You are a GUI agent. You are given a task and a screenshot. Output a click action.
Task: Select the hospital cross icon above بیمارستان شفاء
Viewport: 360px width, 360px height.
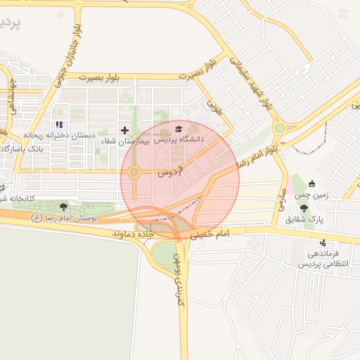pyautogui.click(x=125, y=130)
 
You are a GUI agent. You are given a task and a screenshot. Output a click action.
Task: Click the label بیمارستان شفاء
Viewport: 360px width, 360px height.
pyautogui.click(x=125, y=141)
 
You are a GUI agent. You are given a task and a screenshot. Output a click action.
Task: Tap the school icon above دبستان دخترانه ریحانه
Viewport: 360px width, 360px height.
pyautogui.click(x=60, y=124)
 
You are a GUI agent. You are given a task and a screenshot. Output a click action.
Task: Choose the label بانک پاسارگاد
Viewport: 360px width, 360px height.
pyautogui.click(x=24, y=149)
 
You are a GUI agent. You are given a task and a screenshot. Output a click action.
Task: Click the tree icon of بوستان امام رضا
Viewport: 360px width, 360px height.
pyautogui.click(x=64, y=207)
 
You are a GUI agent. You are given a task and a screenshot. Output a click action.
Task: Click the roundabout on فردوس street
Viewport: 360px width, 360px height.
pyautogui.click(x=134, y=171)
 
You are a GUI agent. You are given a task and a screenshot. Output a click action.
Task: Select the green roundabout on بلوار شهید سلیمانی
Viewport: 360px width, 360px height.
pyautogui.click(x=281, y=128)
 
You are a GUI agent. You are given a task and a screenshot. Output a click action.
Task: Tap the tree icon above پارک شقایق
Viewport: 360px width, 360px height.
pyautogui.click(x=304, y=208)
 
